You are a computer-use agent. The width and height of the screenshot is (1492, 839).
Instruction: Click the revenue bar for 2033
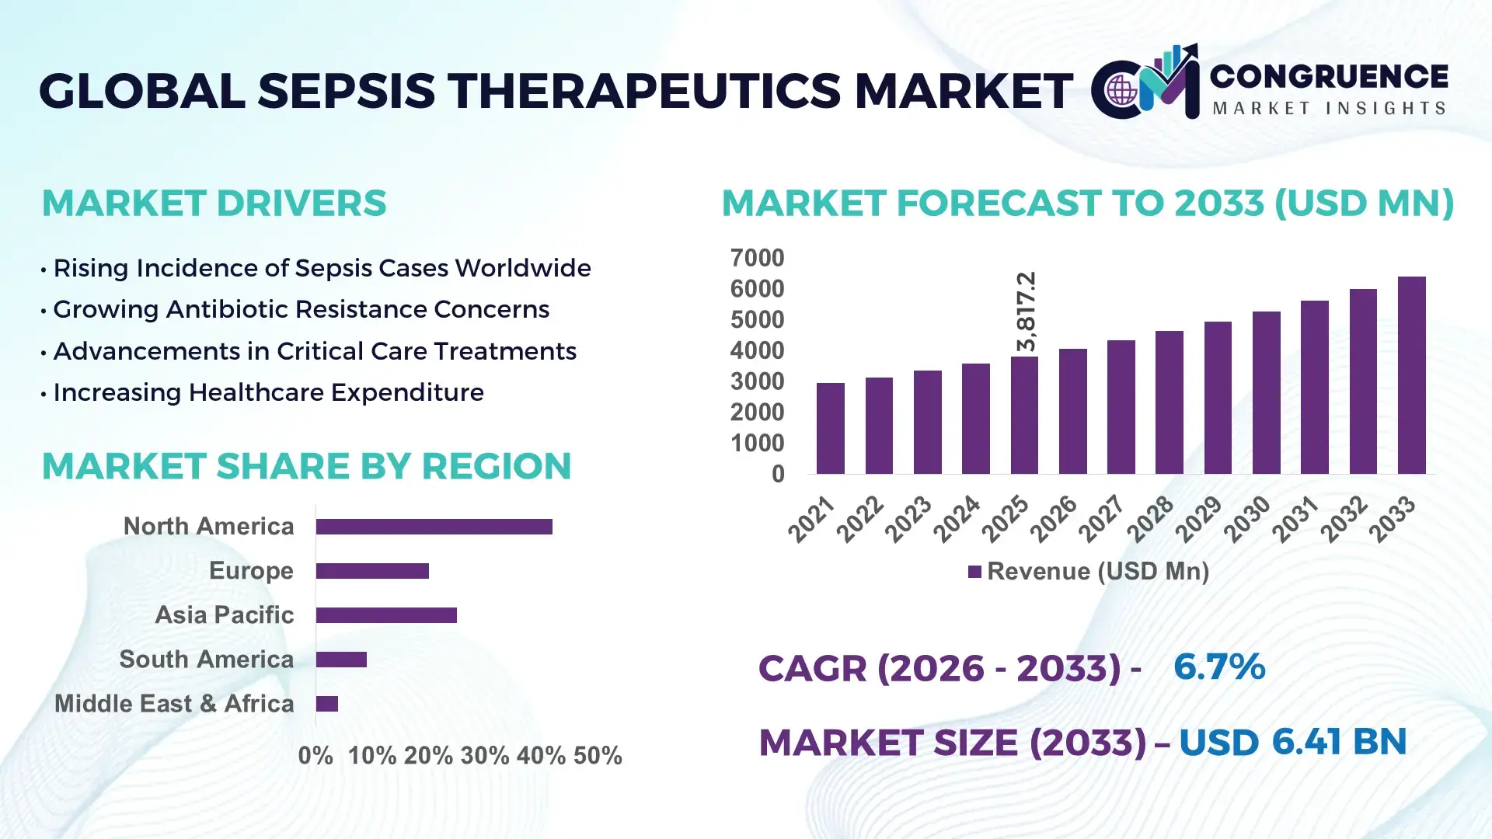click(1411, 375)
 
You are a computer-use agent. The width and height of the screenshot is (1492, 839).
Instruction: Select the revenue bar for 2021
click(830, 428)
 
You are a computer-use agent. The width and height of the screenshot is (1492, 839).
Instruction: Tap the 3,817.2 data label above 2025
click(1027, 311)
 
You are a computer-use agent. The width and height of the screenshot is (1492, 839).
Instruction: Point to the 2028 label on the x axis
click(1151, 518)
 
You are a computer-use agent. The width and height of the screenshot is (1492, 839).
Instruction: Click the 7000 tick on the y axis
click(757, 258)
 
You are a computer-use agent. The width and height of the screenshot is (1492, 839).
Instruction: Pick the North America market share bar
click(434, 527)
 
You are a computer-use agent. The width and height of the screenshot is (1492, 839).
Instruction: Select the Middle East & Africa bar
click(327, 704)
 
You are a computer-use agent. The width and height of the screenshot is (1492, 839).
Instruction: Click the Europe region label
click(251, 570)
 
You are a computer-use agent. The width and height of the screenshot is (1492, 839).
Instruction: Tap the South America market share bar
click(341, 660)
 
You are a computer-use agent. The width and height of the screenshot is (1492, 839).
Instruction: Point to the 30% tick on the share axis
click(484, 755)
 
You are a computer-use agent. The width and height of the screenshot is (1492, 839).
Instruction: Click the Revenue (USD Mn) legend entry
click(1088, 572)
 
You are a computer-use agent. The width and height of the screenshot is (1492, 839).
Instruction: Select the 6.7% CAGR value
click(1218, 667)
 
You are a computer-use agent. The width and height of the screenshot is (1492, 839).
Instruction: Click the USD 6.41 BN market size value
click(1292, 742)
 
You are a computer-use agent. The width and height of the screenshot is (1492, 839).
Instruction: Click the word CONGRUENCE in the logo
click(1329, 76)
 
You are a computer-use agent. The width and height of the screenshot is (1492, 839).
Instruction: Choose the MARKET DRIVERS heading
click(214, 204)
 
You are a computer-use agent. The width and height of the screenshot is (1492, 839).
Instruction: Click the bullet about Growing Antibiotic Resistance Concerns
click(301, 309)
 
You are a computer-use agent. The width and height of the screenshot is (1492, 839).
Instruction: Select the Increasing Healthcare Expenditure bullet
click(268, 392)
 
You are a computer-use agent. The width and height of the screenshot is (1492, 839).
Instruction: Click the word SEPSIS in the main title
click(346, 91)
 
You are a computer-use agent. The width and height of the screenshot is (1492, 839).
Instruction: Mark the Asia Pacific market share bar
click(386, 615)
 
